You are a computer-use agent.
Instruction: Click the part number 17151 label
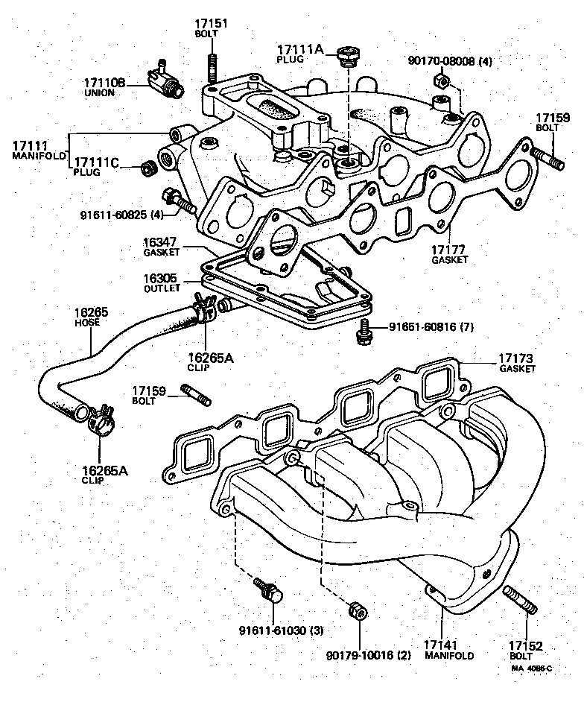(212, 24)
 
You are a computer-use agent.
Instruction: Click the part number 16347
(162, 242)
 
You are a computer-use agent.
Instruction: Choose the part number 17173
(518, 359)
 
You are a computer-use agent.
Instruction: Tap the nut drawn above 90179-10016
(356, 610)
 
